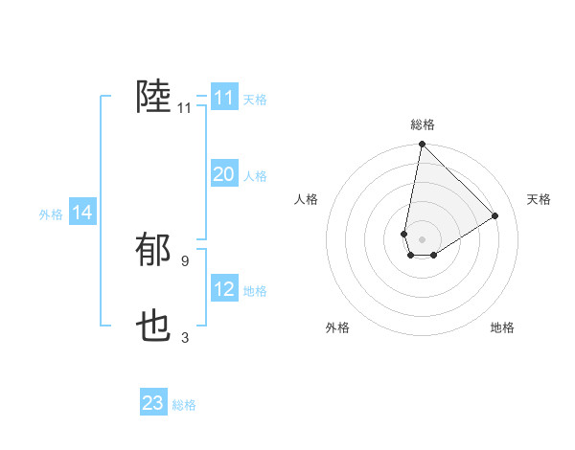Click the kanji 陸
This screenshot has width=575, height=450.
[x=153, y=98]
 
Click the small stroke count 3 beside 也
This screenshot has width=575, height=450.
[x=184, y=337]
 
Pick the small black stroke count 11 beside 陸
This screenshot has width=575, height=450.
[x=184, y=108]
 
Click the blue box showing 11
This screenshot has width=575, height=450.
[x=224, y=98]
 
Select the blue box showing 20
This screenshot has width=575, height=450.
[x=224, y=174]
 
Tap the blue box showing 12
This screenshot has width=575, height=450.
[x=224, y=289]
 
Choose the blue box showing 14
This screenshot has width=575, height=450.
[x=82, y=214]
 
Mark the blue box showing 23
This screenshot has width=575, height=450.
[x=153, y=403]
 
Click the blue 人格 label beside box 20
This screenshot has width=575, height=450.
[x=255, y=176]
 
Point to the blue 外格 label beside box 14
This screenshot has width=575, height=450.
[x=51, y=214]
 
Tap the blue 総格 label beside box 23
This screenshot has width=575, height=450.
[x=184, y=405]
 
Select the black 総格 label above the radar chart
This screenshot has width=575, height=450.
[x=422, y=124]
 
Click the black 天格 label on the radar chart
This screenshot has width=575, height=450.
[x=540, y=199]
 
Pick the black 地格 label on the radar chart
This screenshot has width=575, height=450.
[x=502, y=328]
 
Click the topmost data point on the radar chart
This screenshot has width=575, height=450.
[x=422, y=145]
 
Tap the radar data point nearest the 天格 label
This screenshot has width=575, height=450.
[x=495, y=215]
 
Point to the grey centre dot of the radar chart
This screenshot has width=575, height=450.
[x=422, y=239]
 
